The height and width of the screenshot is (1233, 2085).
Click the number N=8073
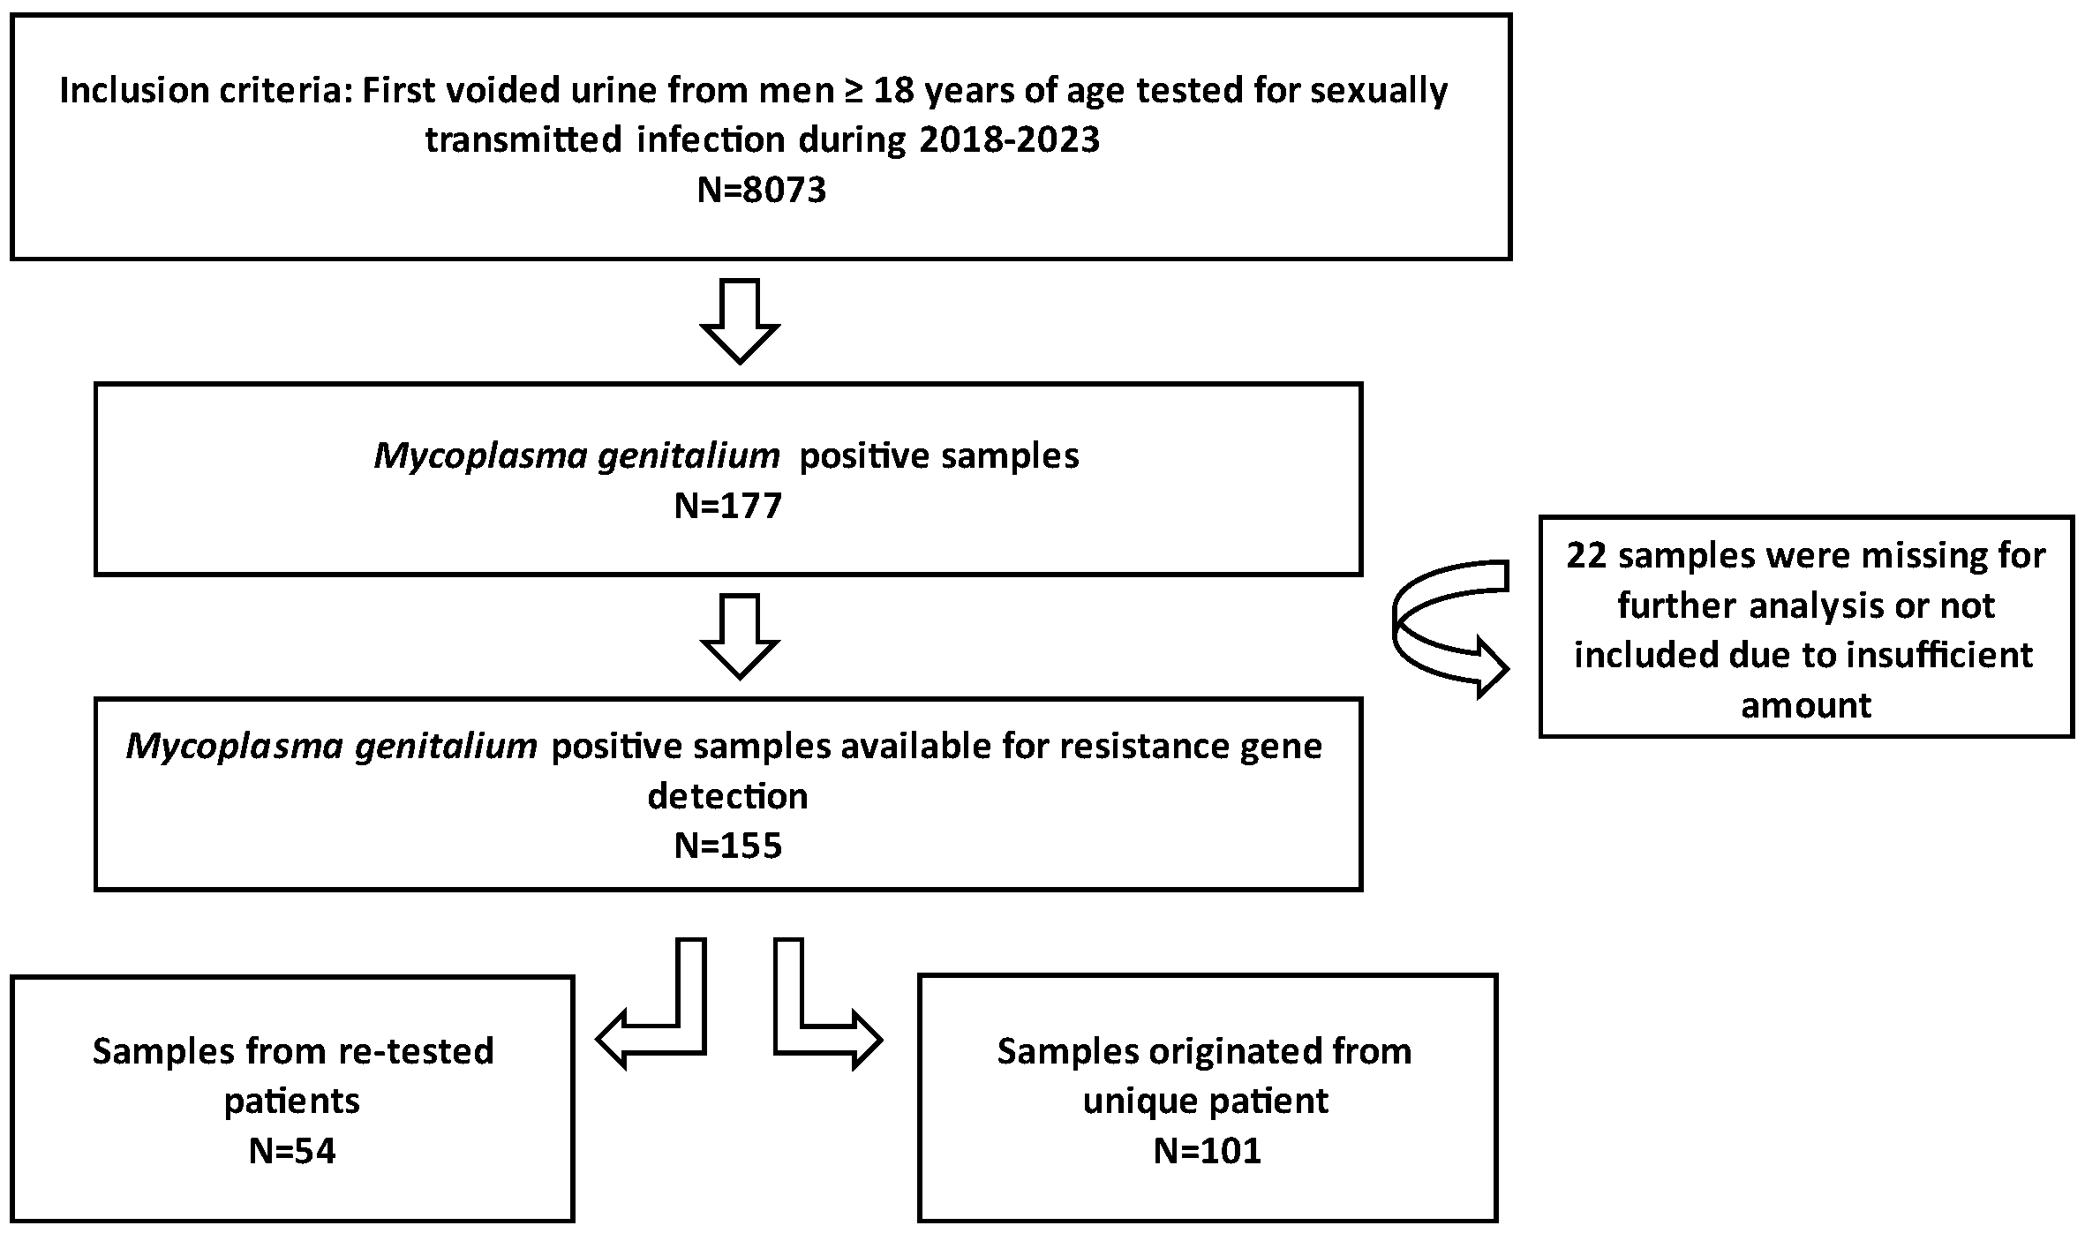point(761,190)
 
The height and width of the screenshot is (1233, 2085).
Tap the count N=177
point(727,507)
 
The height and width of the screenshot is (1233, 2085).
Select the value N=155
point(727,846)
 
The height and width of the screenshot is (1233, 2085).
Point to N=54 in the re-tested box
point(292,1151)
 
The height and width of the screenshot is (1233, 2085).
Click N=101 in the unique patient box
point(1207,1151)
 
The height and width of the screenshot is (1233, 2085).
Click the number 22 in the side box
point(1586,556)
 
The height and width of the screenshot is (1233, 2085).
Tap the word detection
point(727,796)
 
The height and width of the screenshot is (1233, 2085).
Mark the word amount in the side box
point(1806,705)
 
